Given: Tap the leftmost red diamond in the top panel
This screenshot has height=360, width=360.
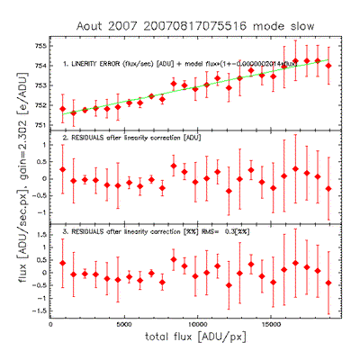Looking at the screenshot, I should (x=63, y=109).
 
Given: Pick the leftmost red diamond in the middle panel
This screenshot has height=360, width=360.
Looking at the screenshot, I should (x=63, y=169).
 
